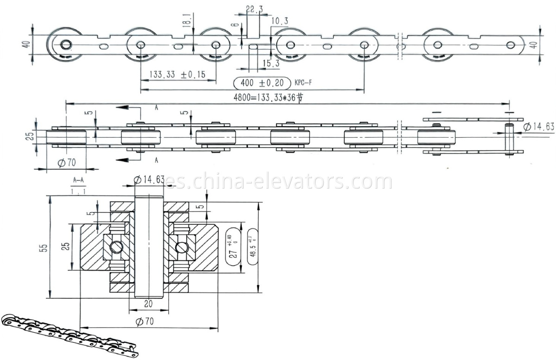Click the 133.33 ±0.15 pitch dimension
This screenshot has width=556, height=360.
pos(177,75)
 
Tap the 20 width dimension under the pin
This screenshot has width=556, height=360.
pos(147,304)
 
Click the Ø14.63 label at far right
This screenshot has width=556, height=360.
pos(539,126)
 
